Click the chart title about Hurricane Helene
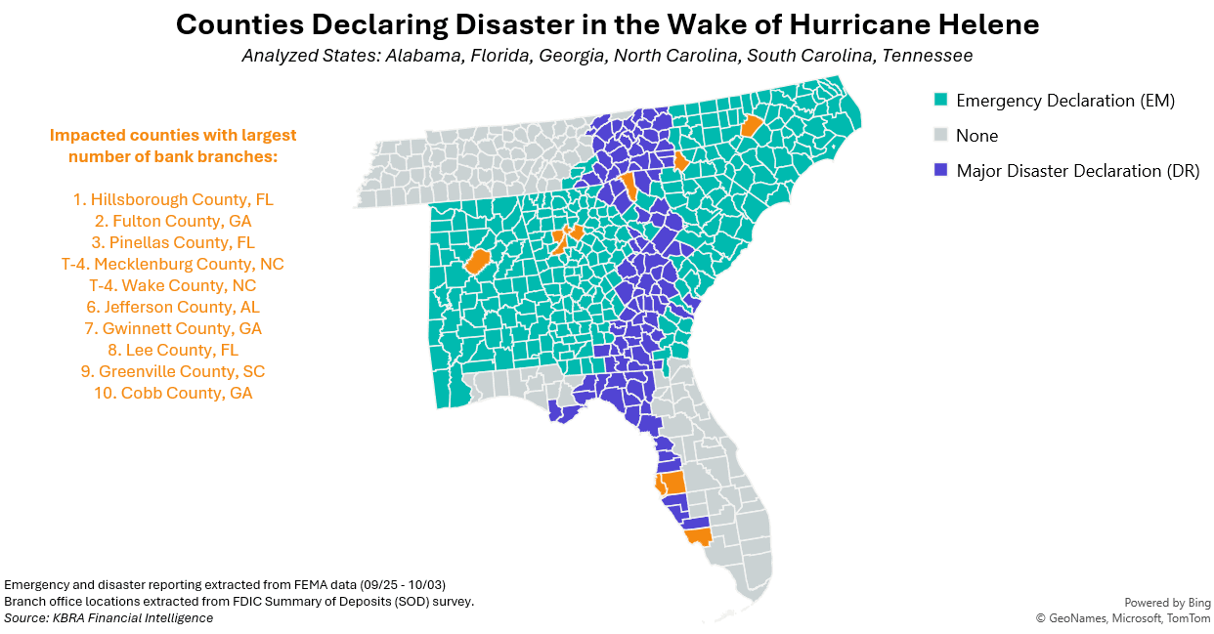pyautogui.click(x=606, y=24)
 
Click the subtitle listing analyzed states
pyautogui.click(x=606, y=56)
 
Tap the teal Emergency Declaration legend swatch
pyautogui.click(x=941, y=100)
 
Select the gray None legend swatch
pyautogui.click(x=941, y=135)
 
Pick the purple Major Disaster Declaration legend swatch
pyautogui.click(x=941, y=170)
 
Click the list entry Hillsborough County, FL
pyautogui.click(x=173, y=199)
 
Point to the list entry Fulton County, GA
pyautogui.click(x=173, y=221)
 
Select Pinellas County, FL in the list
pyautogui.click(x=173, y=242)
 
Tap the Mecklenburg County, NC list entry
pyautogui.click(x=173, y=264)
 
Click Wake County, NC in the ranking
pyautogui.click(x=173, y=285)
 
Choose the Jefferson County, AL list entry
pyautogui.click(x=173, y=307)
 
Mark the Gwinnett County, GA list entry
pyautogui.click(x=173, y=328)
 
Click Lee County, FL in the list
pyautogui.click(x=173, y=350)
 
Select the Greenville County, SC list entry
pyautogui.click(x=173, y=371)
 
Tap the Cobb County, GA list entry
pyautogui.click(x=173, y=393)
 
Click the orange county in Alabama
pyautogui.click(x=478, y=261)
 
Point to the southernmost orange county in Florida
pyautogui.click(x=698, y=536)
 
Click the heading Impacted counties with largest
pyautogui.click(x=173, y=135)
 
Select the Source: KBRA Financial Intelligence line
pyautogui.click(x=108, y=618)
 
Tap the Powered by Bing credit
pyautogui.click(x=1167, y=603)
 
